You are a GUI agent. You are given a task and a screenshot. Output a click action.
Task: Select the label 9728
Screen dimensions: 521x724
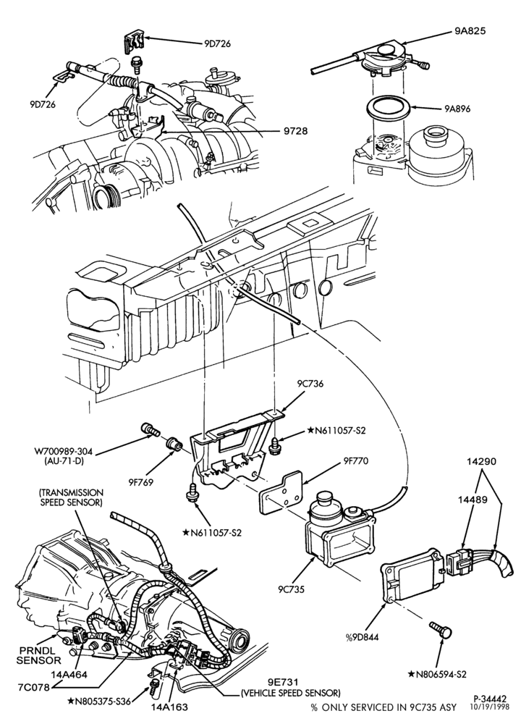(x=295, y=131)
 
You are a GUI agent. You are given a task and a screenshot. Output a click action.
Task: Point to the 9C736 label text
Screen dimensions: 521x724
(x=310, y=383)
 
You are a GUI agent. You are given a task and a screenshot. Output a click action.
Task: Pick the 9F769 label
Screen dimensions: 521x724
(x=140, y=482)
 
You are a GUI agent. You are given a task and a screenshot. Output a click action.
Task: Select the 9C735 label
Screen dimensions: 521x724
(x=291, y=589)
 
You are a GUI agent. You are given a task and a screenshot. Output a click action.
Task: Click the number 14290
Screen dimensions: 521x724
(x=482, y=461)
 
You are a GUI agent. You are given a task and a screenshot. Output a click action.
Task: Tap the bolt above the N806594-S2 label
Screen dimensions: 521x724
(x=441, y=630)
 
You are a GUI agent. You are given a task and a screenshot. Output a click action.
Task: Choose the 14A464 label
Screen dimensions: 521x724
(x=70, y=675)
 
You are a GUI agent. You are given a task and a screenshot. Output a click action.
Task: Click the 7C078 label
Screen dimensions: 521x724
(x=34, y=686)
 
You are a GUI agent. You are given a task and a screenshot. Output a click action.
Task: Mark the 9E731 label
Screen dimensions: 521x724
(x=284, y=682)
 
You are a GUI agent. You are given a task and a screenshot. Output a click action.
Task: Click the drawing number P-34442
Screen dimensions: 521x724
(x=490, y=699)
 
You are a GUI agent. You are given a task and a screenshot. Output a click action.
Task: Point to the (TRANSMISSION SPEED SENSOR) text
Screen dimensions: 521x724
(x=71, y=498)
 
